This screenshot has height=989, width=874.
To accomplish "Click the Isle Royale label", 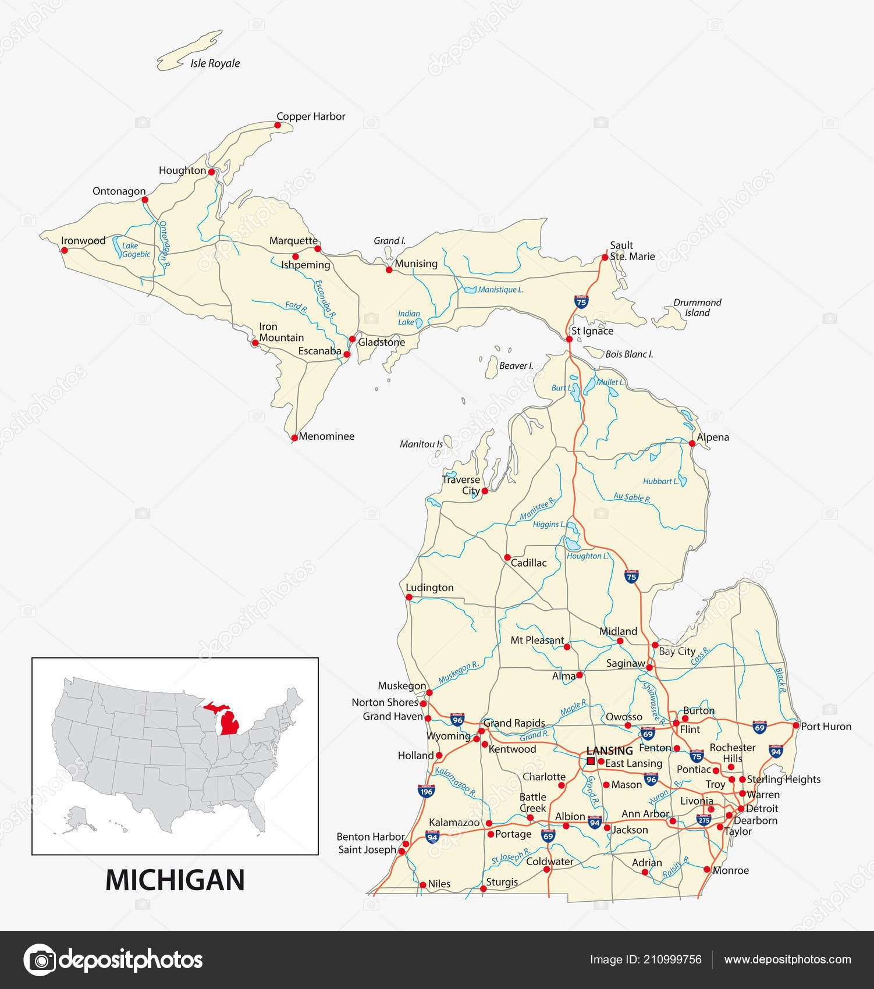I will (215, 63).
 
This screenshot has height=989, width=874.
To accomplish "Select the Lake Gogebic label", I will (136, 250).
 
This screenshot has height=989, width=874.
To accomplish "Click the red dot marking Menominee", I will (294, 437).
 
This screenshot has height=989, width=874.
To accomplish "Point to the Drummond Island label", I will (697, 307).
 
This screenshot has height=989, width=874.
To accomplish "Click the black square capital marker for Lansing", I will (591, 761).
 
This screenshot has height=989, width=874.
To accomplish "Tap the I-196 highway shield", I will (426, 791).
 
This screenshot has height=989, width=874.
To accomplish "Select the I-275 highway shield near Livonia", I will (704, 820).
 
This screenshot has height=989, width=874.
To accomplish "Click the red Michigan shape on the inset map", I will (230, 721).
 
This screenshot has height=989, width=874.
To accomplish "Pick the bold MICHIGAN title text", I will (175, 880).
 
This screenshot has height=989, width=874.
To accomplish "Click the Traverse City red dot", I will (485, 491).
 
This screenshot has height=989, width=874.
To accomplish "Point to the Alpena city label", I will (713, 437).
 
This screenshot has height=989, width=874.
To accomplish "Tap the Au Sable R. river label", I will (631, 497).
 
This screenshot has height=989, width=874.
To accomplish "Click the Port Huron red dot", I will (796, 725).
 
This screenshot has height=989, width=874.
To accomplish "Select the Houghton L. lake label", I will (588, 556).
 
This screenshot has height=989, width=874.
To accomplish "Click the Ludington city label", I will (429, 588).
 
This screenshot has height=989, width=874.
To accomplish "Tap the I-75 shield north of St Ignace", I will (581, 301).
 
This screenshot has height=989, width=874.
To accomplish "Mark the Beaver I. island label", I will (516, 366).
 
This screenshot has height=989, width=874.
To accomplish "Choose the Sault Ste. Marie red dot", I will (605, 257).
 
